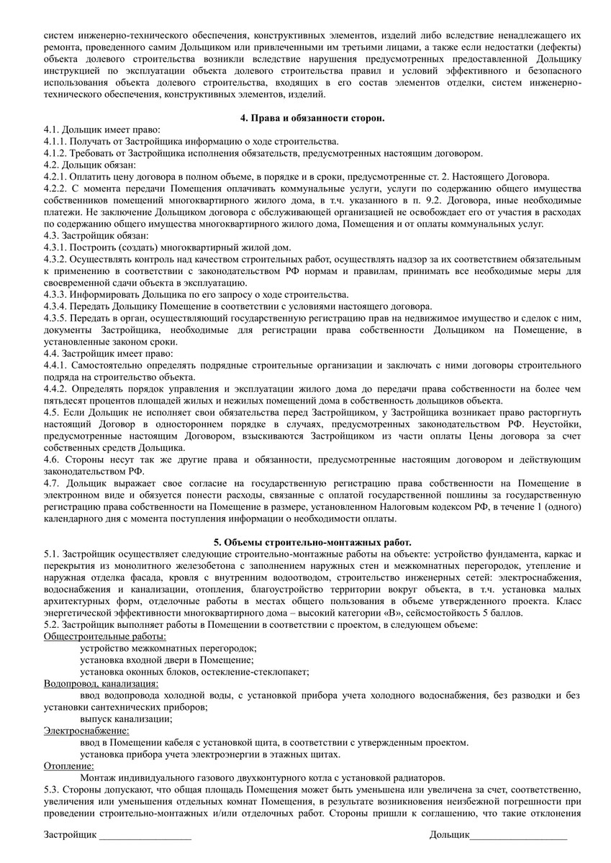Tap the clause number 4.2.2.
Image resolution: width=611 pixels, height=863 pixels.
point(56,188)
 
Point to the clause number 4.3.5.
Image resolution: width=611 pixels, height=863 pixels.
point(56,317)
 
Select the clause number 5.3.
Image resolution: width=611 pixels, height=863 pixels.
point(51,789)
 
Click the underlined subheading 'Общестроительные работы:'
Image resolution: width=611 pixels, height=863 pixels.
point(105,636)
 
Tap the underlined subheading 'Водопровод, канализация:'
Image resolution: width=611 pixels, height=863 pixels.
point(101,683)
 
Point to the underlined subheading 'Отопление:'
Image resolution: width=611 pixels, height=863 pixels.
point(69,765)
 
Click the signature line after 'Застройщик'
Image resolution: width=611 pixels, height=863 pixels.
point(145,836)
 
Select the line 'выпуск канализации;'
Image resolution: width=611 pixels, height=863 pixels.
point(127,718)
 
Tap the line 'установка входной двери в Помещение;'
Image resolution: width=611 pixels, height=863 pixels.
point(168,659)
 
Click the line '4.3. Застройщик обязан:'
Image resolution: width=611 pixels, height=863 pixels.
point(96,235)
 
